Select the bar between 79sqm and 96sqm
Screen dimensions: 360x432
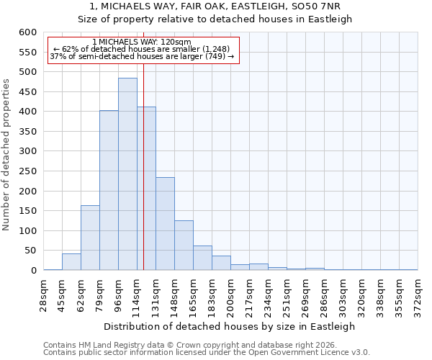[x=109, y=190]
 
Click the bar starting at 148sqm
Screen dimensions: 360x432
[x=184, y=246]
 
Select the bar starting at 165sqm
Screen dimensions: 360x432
[x=202, y=258]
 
